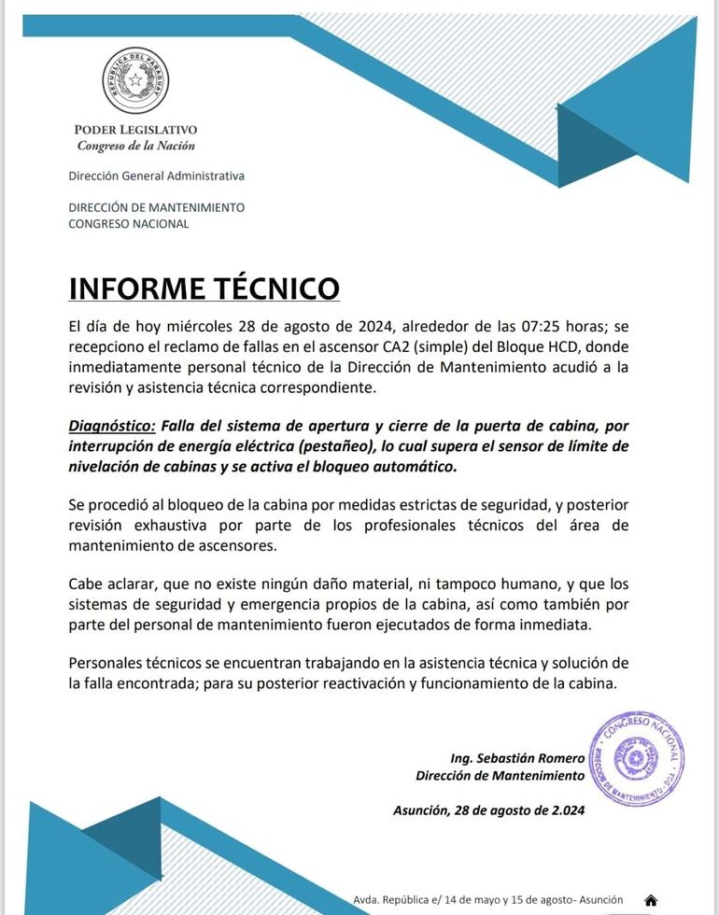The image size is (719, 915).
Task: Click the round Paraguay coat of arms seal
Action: point(136,81)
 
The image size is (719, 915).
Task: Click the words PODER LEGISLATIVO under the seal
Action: point(135,130)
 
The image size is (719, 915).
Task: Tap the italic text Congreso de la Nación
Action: point(136,146)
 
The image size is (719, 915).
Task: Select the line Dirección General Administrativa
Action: point(156,176)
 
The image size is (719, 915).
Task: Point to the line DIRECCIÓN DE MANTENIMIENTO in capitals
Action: point(156,207)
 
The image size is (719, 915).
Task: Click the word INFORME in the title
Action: point(137,288)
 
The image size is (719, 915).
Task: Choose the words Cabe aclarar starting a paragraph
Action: point(109,584)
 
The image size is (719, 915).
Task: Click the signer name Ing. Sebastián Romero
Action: point(516,758)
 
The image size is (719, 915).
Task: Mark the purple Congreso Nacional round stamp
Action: point(637,758)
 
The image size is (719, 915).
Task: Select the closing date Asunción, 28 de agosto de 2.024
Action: point(488,810)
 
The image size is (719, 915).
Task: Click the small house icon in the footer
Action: point(651,900)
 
